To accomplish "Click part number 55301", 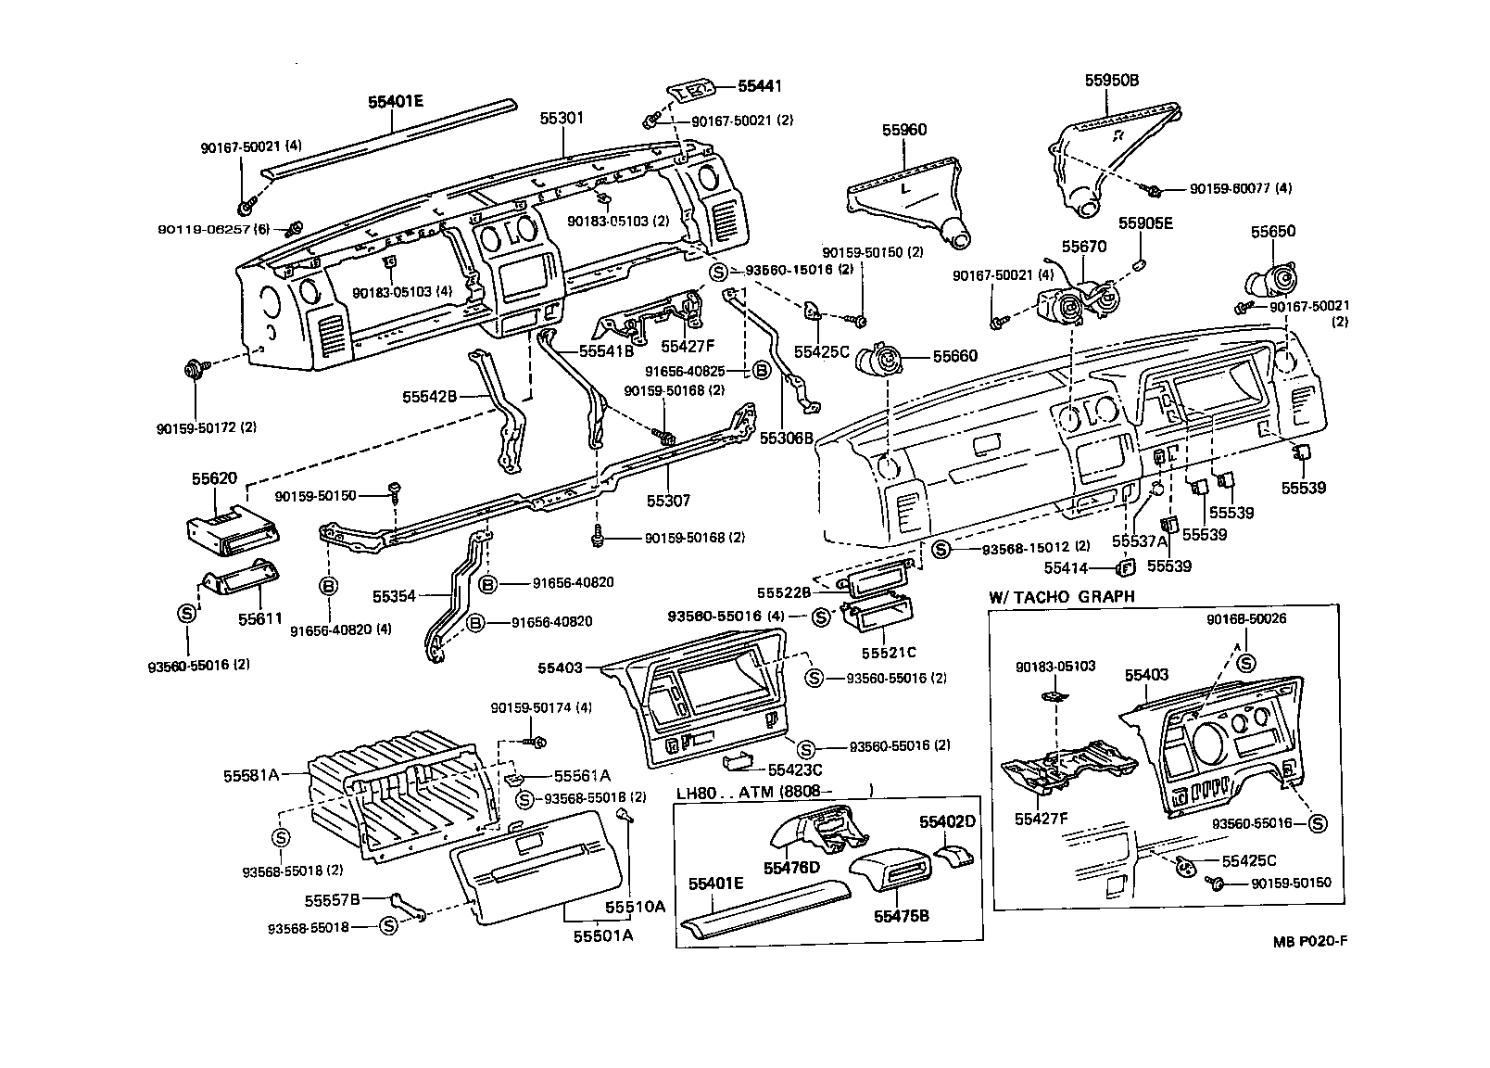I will pyautogui.click(x=562, y=120).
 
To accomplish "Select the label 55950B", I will pyautogui.click(x=1111, y=81).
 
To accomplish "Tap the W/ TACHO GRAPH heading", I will pyautogui.click(x=1061, y=596).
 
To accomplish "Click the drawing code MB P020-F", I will pyautogui.click(x=1308, y=941).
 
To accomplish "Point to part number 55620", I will pyautogui.click(x=215, y=478).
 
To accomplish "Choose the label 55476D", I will pyautogui.click(x=792, y=867).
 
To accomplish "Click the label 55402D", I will pyautogui.click(x=947, y=821).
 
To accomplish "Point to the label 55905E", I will pyautogui.click(x=1145, y=223).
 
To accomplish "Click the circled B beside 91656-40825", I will pyautogui.click(x=760, y=372).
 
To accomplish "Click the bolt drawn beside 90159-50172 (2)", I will pyautogui.click(x=196, y=370).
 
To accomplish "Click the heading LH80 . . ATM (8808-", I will pyautogui.click(x=752, y=793).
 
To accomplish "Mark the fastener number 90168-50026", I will pyautogui.click(x=1246, y=618).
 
